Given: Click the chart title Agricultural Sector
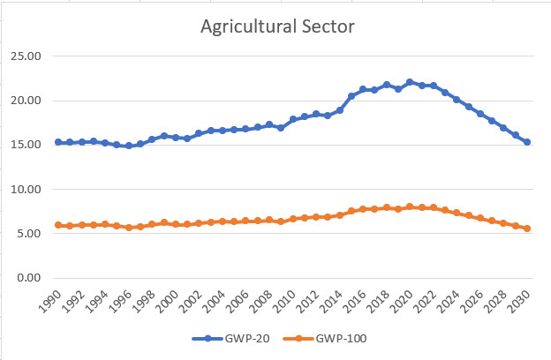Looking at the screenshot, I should (x=277, y=27).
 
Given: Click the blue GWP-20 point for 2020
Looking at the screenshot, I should (x=410, y=82).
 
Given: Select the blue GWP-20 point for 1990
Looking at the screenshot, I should (x=58, y=142).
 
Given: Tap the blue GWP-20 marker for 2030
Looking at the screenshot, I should (x=527, y=142).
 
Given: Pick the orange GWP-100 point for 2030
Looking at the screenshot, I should (x=527, y=229).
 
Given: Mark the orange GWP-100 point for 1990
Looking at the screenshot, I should (x=58, y=225).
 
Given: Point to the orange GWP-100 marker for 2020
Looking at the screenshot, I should (x=410, y=206).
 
